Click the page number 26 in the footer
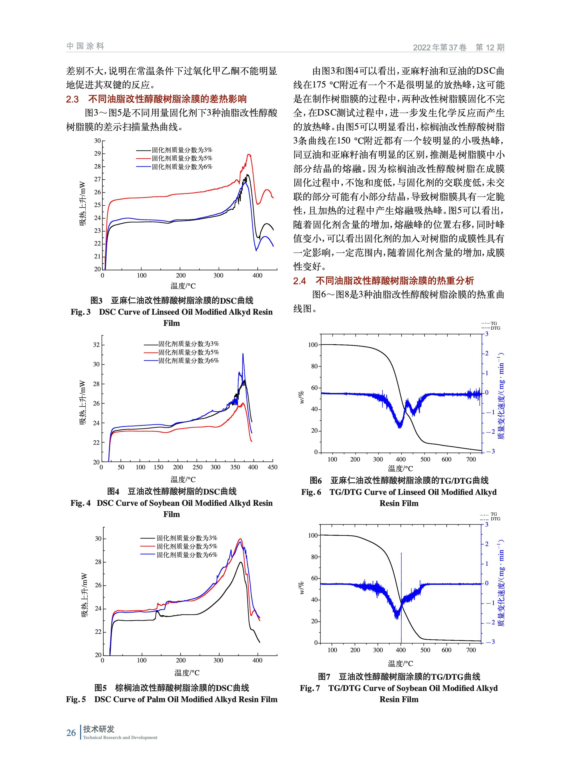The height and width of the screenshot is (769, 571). pos(71,732)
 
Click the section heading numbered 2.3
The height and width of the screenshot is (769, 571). pos(156,99)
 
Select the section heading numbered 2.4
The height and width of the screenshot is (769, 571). pos(384,281)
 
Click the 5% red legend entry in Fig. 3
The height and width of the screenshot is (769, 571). pos(174,158)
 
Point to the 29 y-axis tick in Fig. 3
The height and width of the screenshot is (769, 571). pos(97,153)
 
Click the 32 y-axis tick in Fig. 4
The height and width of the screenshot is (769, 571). pos(96,345)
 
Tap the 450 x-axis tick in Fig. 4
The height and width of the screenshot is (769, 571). pos(272,467)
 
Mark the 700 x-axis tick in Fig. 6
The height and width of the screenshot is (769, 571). pos(471,459)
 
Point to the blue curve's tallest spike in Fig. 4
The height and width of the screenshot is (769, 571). pos(243,354)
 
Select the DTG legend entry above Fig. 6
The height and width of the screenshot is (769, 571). pos(490,328)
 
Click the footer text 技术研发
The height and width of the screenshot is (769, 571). pos(99,729)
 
